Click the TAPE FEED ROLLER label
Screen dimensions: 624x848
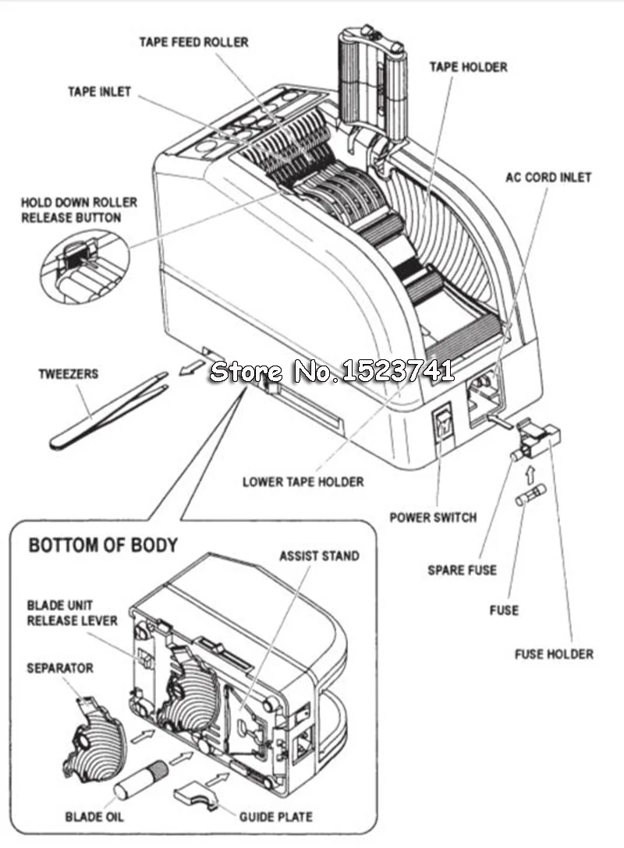pyautogui.click(x=193, y=42)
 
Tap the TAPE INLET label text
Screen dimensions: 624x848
pyautogui.click(x=100, y=91)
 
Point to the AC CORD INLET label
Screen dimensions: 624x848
pyautogui.click(x=548, y=178)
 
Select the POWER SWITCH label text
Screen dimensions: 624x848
pyautogui.click(x=433, y=518)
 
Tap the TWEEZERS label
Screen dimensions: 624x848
pyautogui.click(x=68, y=373)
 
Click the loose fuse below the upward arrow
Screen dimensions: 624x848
pyautogui.click(x=530, y=495)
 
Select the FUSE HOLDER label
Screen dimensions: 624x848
pyautogui.click(x=554, y=654)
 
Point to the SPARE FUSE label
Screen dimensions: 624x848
pyautogui.click(x=462, y=570)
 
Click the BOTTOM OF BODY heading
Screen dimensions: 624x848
pyautogui.click(x=103, y=545)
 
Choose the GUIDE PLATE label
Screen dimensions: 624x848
pyautogui.click(x=275, y=817)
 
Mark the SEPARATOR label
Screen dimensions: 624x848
pyautogui.click(x=60, y=668)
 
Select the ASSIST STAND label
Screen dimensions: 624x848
pyautogui.click(x=319, y=556)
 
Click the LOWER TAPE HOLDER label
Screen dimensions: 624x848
pyautogui.click(x=303, y=482)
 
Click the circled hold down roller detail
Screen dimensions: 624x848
pyautogui.click(x=85, y=266)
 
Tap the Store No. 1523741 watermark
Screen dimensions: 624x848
pyautogui.click(x=331, y=371)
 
